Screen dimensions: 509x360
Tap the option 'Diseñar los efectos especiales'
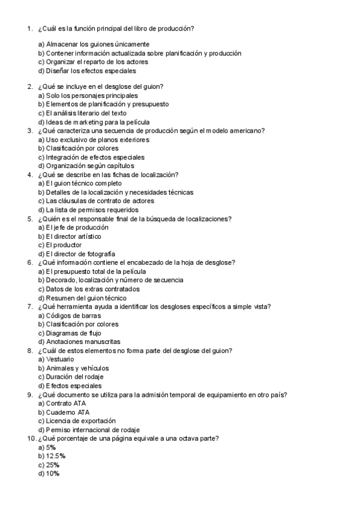click(86, 71)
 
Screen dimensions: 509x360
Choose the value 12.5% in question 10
click(56, 456)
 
